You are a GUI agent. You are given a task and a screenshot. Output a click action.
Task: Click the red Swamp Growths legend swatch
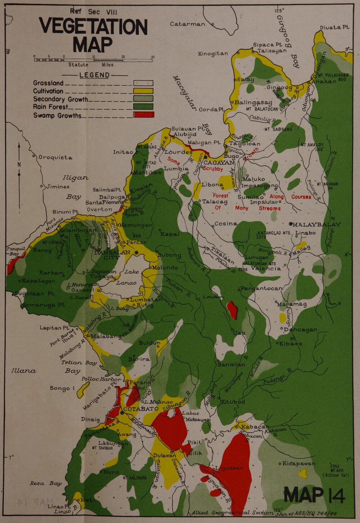point(144,115)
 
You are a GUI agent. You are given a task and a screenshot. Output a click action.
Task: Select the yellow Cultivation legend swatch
point(144,91)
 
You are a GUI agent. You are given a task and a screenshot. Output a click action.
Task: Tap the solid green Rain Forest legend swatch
point(144,107)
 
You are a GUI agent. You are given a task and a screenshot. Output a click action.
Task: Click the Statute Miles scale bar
point(94,60)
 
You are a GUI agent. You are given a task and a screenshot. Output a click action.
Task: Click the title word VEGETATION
point(93,27)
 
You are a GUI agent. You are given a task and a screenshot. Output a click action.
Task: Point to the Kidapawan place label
point(299,463)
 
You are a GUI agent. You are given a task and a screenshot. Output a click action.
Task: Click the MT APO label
point(335,470)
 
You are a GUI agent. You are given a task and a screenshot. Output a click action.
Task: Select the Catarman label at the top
point(187,24)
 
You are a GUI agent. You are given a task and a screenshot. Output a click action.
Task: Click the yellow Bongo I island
point(84,389)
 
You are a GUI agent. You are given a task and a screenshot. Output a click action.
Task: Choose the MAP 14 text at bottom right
point(314,495)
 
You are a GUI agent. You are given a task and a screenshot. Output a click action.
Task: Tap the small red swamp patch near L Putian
point(232,310)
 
